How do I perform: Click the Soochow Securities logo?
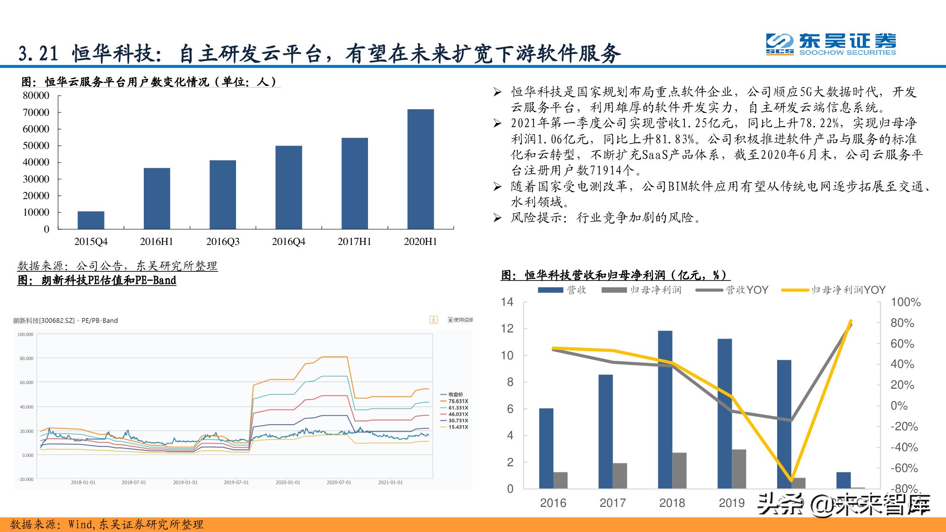(x=831, y=44)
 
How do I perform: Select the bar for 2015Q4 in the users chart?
(x=91, y=220)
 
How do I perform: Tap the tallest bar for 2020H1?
(x=420, y=169)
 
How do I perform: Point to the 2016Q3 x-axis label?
(x=223, y=242)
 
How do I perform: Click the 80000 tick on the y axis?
(x=36, y=96)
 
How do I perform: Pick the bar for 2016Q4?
(x=289, y=187)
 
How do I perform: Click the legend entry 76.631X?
(x=457, y=401)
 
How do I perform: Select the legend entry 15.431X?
(x=457, y=427)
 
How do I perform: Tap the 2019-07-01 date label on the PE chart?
(x=236, y=482)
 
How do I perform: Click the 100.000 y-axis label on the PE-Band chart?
(x=26, y=334)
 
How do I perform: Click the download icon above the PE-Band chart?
(x=433, y=320)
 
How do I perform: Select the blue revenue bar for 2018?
(x=665, y=409)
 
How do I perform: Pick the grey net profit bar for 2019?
(x=739, y=469)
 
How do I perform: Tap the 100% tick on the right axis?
(x=905, y=302)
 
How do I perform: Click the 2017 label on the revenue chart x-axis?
(x=613, y=503)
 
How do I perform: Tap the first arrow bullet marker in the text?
(x=497, y=92)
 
